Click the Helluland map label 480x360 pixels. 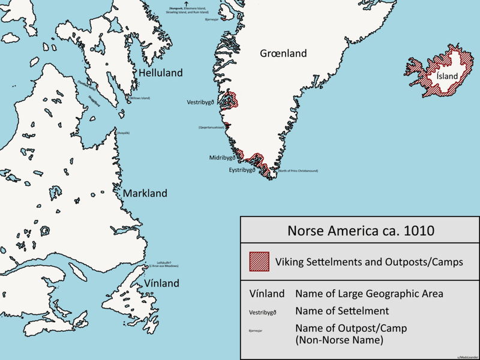pos(160,73)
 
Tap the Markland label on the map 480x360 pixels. pos(145,194)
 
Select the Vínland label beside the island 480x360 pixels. pos(161,283)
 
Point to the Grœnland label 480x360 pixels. pos(283,53)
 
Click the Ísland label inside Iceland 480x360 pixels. pos(446,76)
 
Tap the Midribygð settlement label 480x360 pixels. pos(221,158)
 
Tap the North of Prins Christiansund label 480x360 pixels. pos(298,171)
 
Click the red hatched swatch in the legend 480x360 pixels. pos(259,262)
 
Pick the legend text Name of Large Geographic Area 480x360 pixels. pos(369,294)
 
